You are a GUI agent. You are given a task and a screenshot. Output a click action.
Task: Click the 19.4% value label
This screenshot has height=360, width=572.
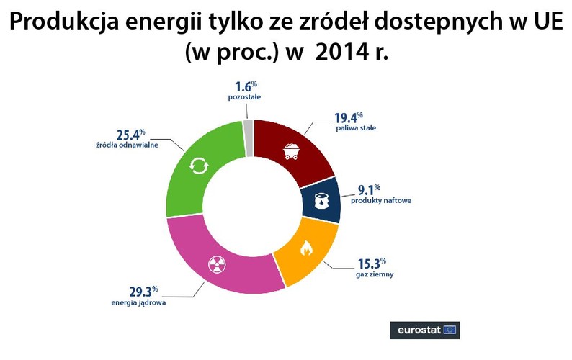[x=349, y=117]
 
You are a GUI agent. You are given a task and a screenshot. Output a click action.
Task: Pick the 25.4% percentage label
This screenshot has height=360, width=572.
[x=130, y=134]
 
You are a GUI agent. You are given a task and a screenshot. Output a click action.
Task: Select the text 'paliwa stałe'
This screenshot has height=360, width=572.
[x=355, y=129]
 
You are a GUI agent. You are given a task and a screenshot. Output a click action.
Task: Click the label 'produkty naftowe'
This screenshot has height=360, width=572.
[x=380, y=201]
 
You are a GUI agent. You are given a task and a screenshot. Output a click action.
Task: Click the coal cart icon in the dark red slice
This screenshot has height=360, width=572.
[x=292, y=150]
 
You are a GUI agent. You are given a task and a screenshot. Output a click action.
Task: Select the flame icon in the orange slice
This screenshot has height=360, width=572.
[x=305, y=250]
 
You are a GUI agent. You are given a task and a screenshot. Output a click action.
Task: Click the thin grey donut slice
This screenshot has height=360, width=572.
[x=249, y=127]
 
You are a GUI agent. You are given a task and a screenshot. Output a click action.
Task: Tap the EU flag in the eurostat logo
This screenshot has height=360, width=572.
[x=450, y=330]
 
